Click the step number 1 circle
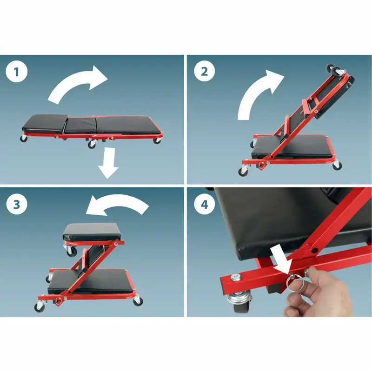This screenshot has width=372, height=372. tap(16, 72)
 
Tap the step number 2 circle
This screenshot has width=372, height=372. tap(204, 71)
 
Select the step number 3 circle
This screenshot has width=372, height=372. tap(17, 204)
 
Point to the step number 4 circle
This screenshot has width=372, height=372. tap(205, 204)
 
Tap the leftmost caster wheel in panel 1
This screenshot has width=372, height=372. tap(24, 139)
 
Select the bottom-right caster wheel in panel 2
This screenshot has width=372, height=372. tap(337, 165)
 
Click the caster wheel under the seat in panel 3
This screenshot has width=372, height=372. tap(71, 251)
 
